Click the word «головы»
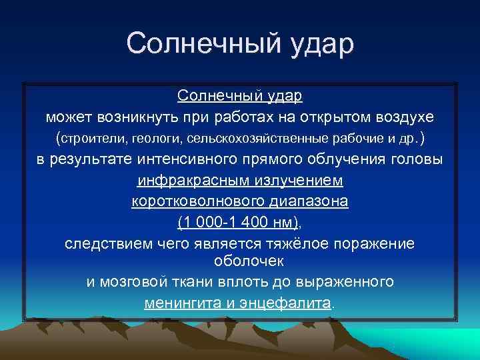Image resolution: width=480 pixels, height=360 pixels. tap(414, 159)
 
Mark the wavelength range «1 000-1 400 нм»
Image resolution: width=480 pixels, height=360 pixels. tap(239, 222)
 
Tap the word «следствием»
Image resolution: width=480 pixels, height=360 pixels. tap(103, 243)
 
